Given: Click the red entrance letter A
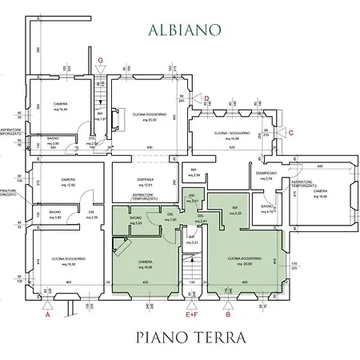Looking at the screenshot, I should pos(47,316).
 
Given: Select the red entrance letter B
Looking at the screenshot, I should pos(229,316).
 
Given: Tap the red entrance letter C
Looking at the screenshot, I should pos(291,132).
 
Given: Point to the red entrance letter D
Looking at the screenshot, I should pos(206,98).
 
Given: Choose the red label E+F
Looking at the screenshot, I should pos(191,316).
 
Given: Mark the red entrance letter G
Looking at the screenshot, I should pos(100,60).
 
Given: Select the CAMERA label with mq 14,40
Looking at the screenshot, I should pos(60,106).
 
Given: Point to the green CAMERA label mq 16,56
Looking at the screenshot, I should pos(146,263).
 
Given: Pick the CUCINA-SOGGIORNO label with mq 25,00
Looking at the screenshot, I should pos(146,118).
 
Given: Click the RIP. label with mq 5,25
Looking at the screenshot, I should pos(235,210).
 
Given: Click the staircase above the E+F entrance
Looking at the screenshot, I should pos(190,276).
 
